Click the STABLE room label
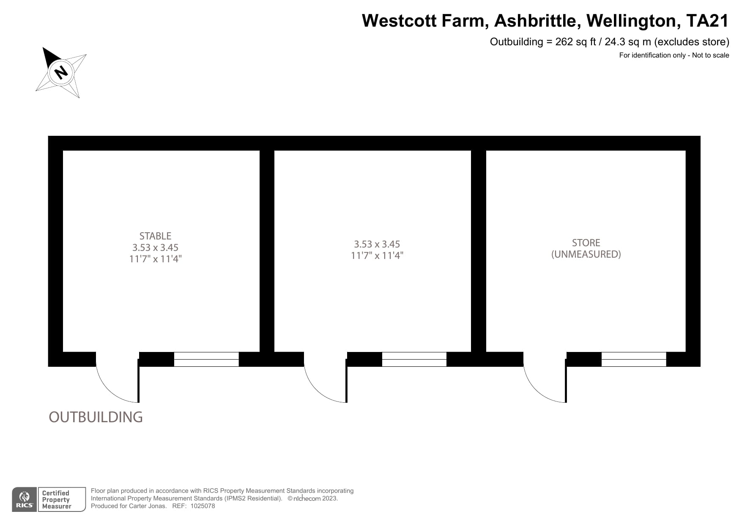point(155,236)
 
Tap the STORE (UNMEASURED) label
point(586,248)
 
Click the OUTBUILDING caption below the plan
point(96,417)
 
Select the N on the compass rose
point(61,72)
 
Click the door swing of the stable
point(118,377)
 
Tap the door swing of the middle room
point(326,377)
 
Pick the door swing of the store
point(545,377)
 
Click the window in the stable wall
point(206,359)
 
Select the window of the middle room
point(414,359)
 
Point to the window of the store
point(634,359)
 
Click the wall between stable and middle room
point(267,251)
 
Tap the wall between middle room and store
point(479,251)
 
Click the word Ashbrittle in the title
point(535,21)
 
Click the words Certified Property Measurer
point(57,500)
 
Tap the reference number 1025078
point(203,506)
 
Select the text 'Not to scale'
point(710,55)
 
